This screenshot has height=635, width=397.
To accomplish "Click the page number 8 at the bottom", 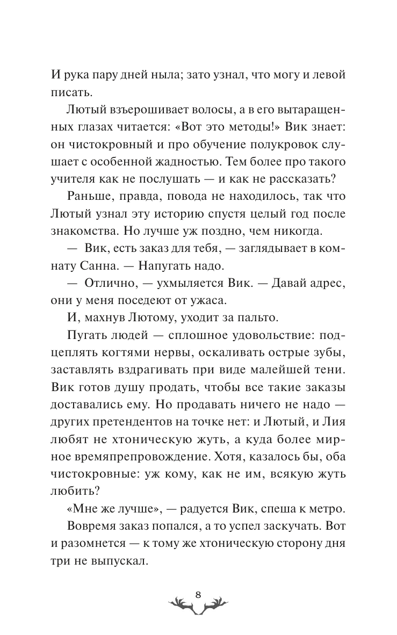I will tap(198, 594).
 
